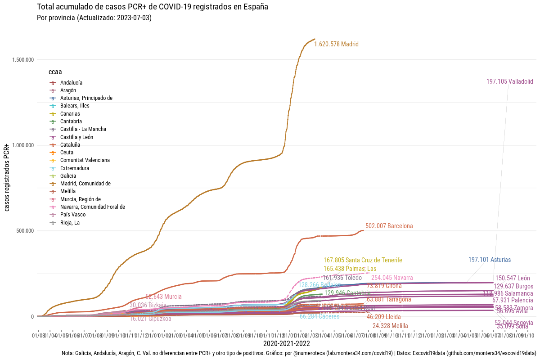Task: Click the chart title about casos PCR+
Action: [153, 7]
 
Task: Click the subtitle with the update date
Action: [94, 18]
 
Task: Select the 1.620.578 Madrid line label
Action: [336, 44]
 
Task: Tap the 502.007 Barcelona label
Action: [389, 226]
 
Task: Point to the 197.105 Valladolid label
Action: [509, 81]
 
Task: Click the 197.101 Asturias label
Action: [489, 260]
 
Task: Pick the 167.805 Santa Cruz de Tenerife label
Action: [363, 260]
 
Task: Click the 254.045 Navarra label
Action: [392, 278]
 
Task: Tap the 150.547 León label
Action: [513, 278]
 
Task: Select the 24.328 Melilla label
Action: [390, 326]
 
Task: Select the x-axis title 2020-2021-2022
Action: [287, 343]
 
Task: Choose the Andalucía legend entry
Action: [71, 83]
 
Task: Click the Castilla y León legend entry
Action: [76, 137]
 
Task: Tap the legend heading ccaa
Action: [55, 72]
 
